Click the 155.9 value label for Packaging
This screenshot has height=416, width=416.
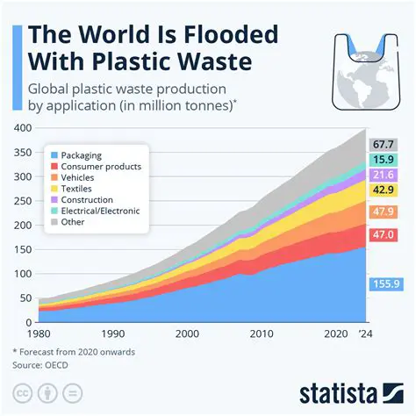[x=382, y=283]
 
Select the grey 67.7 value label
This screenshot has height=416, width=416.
[x=382, y=144]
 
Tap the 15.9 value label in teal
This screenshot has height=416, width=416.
[x=382, y=160]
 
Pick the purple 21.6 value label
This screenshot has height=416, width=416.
[x=382, y=176]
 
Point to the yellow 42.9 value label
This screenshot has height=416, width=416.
[x=382, y=190]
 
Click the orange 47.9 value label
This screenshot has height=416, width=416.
[x=382, y=212]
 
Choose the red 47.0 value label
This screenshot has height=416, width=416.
[x=382, y=234]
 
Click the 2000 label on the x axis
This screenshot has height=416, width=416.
[x=186, y=334]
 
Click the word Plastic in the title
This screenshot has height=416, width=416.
[x=140, y=62]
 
